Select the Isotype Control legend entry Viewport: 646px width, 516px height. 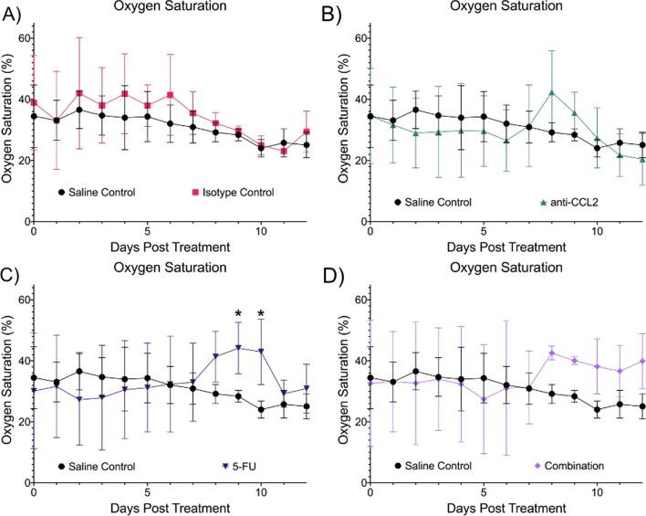[x=235, y=193]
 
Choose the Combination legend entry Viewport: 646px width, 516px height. [x=571, y=466]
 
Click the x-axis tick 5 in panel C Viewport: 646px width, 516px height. [x=147, y=492]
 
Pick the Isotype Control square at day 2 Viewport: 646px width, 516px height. [x=79, y=93]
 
